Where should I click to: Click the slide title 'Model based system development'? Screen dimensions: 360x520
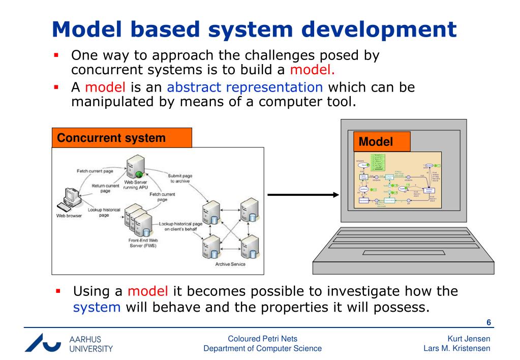(x=254, y=30)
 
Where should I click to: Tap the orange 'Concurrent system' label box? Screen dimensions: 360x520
(x=122, y=138)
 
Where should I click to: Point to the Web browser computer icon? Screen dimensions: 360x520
(x=69, y=199)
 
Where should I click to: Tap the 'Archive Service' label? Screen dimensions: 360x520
(x=230, y=264)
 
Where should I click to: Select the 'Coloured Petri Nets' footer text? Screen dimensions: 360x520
(x=262, y=339)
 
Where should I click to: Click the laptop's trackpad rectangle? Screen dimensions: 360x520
(x=404, y=253)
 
